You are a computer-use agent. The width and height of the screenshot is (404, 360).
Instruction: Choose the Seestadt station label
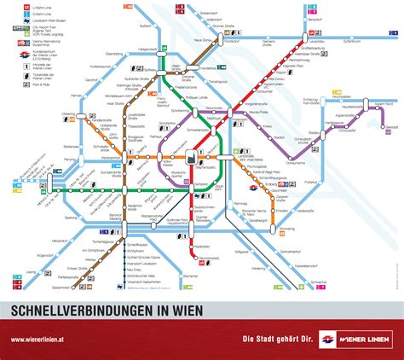(391, 125)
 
